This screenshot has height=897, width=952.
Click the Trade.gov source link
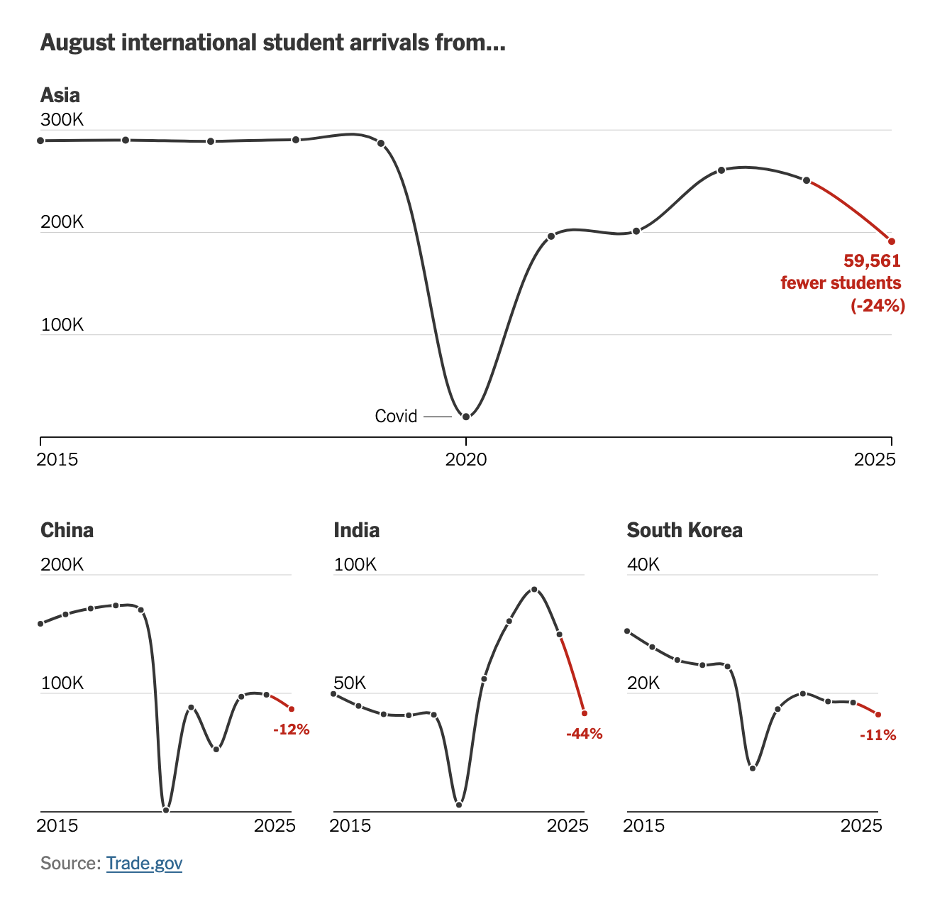point(144,863)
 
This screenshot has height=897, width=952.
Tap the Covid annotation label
point(396,416)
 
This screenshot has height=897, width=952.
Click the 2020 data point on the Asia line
point(466,417)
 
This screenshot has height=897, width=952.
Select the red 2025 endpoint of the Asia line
point(892,241)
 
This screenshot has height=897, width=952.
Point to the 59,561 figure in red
point(872,260)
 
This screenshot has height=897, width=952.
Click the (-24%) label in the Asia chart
point(878,306)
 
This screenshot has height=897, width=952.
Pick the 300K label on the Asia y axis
point(62,119)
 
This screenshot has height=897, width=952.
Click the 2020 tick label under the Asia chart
point(466,460)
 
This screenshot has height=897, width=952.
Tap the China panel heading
point(67,530)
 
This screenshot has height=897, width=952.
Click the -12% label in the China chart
point(292,729)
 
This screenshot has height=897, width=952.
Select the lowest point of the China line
point(166,810)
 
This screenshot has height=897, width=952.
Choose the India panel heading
point(356,530)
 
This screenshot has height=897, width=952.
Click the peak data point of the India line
point(534,590)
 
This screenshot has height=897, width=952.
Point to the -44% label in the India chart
point(585,734)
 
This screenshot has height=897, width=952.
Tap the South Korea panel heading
point(685,530)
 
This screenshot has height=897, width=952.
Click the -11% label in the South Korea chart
point(878,735)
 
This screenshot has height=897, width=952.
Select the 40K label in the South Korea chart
point(643,564)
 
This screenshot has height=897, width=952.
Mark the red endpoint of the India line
point(585,713)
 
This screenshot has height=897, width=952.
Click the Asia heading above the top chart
point(60,95)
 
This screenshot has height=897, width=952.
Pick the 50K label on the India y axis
point(350,683)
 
